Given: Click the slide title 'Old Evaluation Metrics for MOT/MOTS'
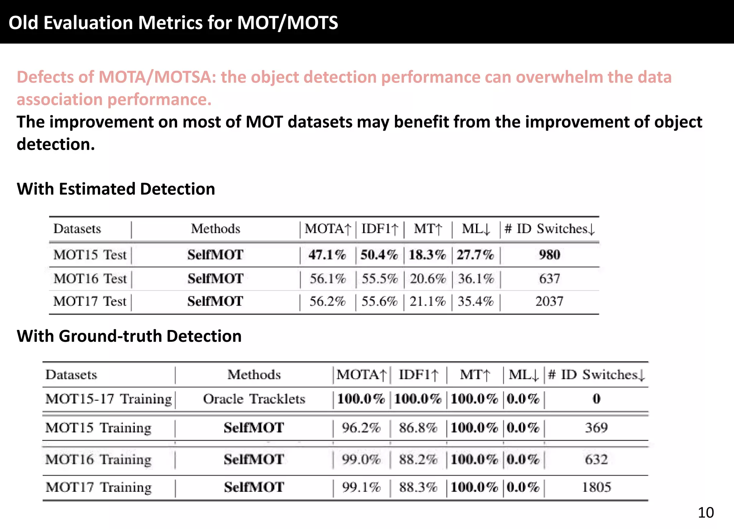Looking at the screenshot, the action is (x=173, y=23).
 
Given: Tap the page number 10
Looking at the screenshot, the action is (x=705, y=513).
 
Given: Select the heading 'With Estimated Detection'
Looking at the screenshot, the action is (x=116, y=189).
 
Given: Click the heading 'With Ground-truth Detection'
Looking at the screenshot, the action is (x=129, y=336).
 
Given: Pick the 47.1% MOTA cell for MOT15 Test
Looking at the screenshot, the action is (x=327, y=255).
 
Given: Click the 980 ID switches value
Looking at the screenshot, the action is (x=549, y=255).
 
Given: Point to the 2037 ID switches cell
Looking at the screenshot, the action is (x=549, y=301).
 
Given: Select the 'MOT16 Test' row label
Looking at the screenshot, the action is (x=90, y=279).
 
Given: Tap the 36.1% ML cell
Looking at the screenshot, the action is (x=476, y=279).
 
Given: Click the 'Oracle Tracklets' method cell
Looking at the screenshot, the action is (x=254, y=399).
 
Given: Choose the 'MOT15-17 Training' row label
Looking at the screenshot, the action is (x=109, y=399).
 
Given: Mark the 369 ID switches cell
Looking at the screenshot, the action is (x=596, y=428).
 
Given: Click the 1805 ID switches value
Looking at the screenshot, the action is (x=596, y=487).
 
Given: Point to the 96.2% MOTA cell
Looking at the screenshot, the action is (x=361, y=428).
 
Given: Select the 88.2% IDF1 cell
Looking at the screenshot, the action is (x=418, y=459).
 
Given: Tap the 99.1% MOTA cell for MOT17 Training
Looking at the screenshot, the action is (x=361, y=487).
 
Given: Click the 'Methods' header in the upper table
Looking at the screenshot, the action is (x=215, y=229).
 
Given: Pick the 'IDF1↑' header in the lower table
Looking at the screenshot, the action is (x=418, y=375).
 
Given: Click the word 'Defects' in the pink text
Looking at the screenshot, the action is (x=54, y=77).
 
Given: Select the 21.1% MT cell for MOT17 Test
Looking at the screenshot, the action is (x=428, y=301).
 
